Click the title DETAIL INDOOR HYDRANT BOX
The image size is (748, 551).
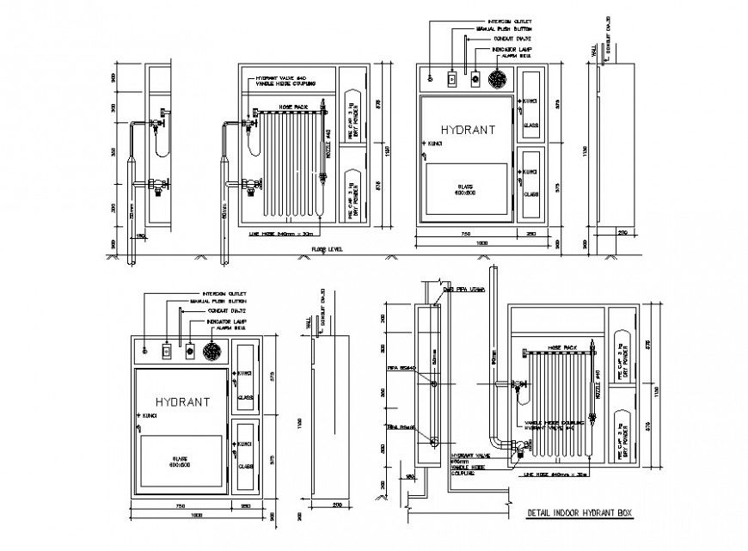(578, 513)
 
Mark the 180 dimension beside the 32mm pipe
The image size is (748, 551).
(140, 236)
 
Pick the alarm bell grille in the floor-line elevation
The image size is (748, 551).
(498, 79)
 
